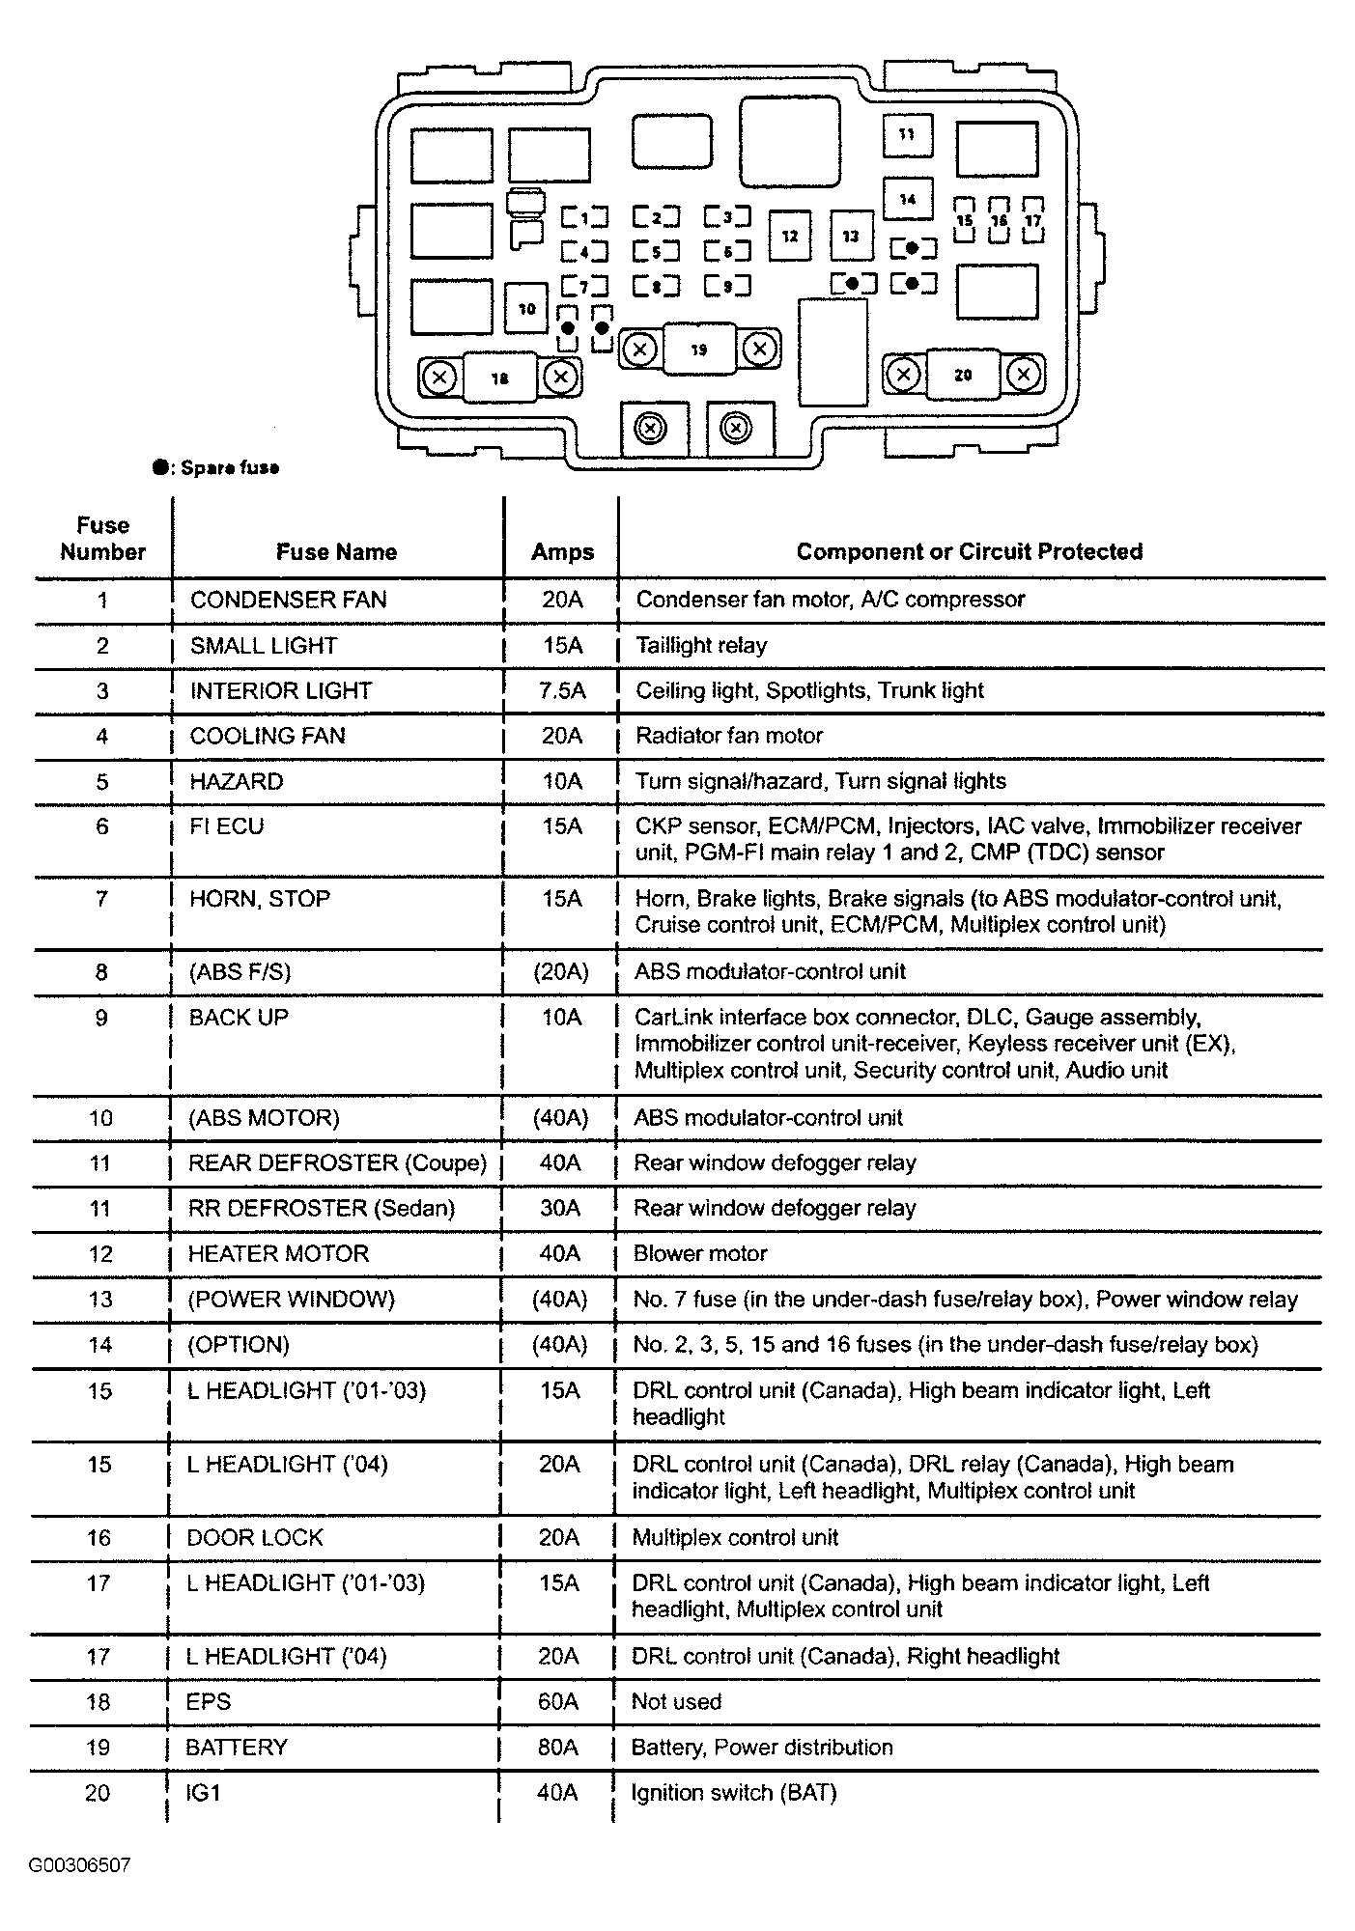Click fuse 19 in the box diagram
[699, 350]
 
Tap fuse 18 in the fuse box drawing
[499, 378]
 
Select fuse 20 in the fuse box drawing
[963, 375]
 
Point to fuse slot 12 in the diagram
[790, 237]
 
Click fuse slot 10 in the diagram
[526, 309]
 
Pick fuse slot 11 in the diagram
[907, 134]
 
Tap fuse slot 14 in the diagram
[908, 200]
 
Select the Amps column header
[562, 552]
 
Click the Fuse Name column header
[336, 552]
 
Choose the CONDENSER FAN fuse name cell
[288, 600]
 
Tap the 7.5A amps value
[561, 690]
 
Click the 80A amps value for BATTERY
[558, 1748]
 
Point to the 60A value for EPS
[558, 1702]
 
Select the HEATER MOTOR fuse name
[278, 1254]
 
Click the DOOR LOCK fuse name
[255, 1538]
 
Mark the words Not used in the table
[676, 1702]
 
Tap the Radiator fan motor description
[728, 736]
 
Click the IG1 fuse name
[204, 1793]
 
